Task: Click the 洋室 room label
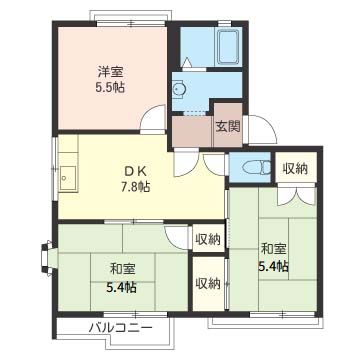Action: click(110, 72)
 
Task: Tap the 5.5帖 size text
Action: click(110, 87)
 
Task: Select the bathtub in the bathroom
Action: click(229, 47)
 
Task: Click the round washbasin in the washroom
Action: click(179, 89)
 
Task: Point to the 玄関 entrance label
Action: click(228, 126)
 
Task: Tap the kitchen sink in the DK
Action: click(68, 178)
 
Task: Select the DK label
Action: click(135, 171)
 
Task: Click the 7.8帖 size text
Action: click(135, 186)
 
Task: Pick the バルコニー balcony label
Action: click(120, 328)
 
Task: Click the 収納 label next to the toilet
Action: click(295, 169)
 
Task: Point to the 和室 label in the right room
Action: click(273, 249)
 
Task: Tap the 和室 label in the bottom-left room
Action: click(123, 269)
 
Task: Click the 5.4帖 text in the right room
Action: click(273, 267)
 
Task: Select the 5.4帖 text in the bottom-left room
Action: click(121, 287)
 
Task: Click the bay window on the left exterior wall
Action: click(46, 259)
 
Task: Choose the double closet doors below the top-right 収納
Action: click(296, 197)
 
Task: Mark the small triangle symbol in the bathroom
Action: click(187, 62)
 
